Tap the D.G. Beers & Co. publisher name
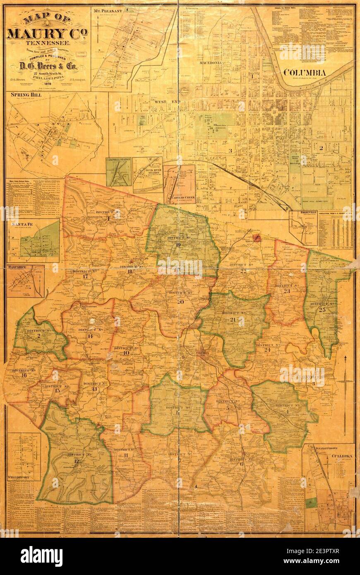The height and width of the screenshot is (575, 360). [47, 66]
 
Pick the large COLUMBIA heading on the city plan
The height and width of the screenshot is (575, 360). [305, 73]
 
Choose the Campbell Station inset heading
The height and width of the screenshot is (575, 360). [119, 159]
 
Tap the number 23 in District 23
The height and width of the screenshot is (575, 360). [287, 291]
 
